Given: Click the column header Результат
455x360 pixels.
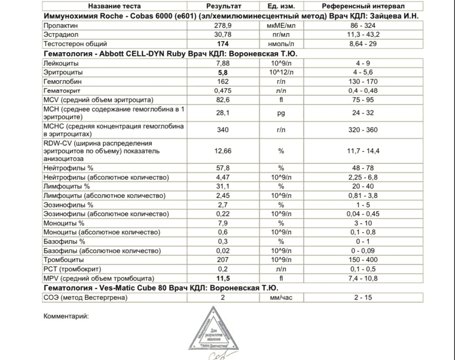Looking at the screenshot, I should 223,6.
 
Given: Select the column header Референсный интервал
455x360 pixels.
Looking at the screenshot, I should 363,6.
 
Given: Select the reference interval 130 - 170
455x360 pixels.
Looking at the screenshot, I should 363,82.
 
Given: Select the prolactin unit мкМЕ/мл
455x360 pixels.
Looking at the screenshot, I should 281,25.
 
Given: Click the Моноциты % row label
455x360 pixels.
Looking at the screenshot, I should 64,223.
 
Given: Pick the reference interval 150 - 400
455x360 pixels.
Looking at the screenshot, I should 363,260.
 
